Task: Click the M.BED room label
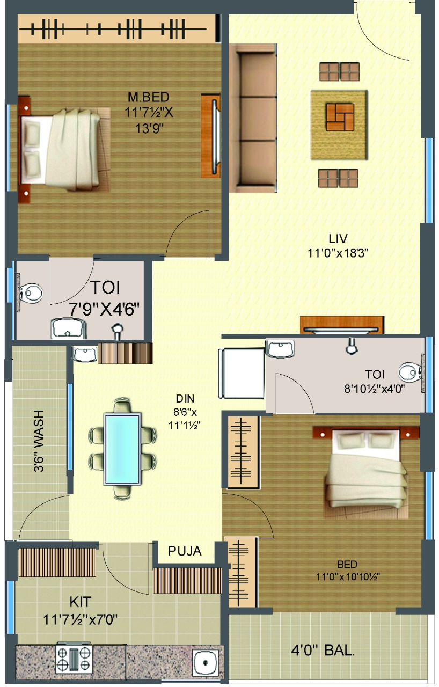(x=148, y=97)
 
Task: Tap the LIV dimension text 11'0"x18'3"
(x=338, y=253)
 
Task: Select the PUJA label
(x=185, y=551)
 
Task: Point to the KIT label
(x=81, y=602)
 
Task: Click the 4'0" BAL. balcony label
(x=323, y=650)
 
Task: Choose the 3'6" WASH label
(x=39, y=441)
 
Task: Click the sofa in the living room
(x=253, y=118)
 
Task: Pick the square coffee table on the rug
(x=340, y=117)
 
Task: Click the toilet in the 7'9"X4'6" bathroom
(x=30, y=293)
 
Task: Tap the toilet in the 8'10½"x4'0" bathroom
(x=410, y=372)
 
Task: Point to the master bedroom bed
(x=64, y=149)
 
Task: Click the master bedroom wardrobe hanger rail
(x=113, y=29)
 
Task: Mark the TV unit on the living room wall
(x=342, y=325)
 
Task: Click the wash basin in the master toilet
(x=68, y=328)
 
